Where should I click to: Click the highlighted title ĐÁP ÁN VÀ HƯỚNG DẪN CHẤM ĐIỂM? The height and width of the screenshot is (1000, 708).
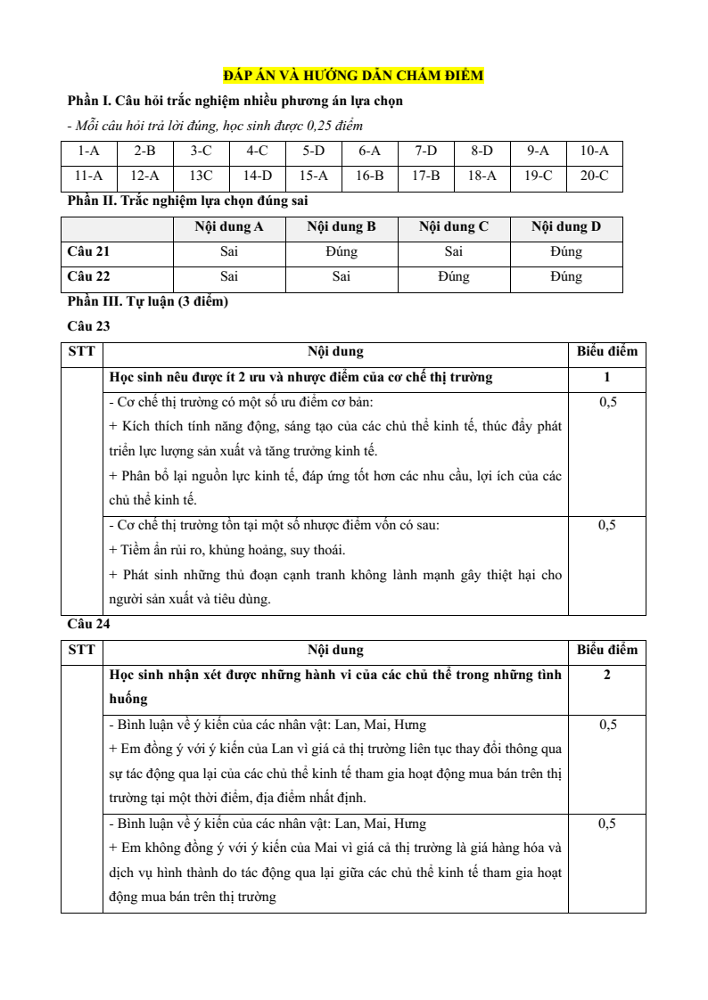pyautogui.click(x=353, y=77)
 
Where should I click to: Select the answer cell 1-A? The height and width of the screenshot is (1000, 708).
pyautogui.click(x=88, y=152)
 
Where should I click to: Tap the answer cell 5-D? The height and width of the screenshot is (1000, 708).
pyautogui.click(x=313, y=152)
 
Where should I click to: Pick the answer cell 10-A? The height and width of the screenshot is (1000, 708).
pyautogui.click(x=594, y=152)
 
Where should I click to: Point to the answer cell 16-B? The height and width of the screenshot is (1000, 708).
pyautogui.click(x=369, y=176)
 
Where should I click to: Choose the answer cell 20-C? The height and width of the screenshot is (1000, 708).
pyautogui.click(x=594, y=176)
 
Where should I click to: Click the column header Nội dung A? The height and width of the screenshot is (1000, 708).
pyautogui.click(x=229, y=227)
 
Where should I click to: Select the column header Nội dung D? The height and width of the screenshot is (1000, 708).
pyautogui.click(x=566, y=227)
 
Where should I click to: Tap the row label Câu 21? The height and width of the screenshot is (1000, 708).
pyautogui.click(x=89, y=252)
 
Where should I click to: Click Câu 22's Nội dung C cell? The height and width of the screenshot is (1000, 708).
pyautogui.click(x=454, y=277)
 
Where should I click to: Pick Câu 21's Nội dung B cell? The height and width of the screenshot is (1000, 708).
pyautogui.click(x=342, y=252)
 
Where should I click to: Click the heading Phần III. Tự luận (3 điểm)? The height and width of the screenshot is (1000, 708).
pyautogui.click(x=148, y=302)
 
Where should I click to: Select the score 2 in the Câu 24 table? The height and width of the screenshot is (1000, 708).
pyautogui.click(x=607, y=675)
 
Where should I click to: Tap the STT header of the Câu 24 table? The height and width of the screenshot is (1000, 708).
pyautogui.click(x=83, y=650)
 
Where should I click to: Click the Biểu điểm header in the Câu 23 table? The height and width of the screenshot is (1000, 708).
pyautogui.click(x=607, y=351)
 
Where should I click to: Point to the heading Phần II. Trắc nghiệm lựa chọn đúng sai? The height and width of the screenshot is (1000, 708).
pyautogui.click(x=189, y=201)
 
